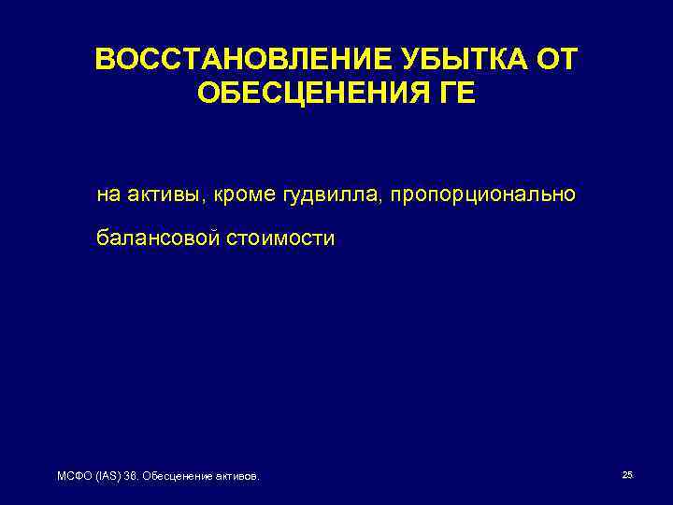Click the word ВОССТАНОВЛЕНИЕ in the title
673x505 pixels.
pos(231,61)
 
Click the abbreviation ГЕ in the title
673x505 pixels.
pos(455,94)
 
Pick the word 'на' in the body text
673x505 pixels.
pos(108,195)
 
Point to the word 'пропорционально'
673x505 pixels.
pos(483,196)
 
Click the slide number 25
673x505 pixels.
pos(627,476)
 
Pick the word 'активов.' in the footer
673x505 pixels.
pos(236,477)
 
